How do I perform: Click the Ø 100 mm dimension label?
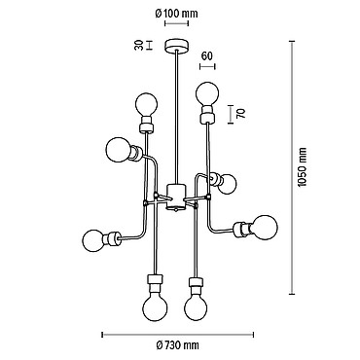[176, 14]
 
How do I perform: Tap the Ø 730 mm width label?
[177, 345]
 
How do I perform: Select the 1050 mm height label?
[302, 167]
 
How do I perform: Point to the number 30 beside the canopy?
[139, 45]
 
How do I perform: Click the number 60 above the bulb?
[207, 56]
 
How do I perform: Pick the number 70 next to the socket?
[241, 113]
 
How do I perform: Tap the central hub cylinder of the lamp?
[176, 197]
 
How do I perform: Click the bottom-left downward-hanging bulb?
[156, 307]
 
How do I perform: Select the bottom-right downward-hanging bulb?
[197, 306]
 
